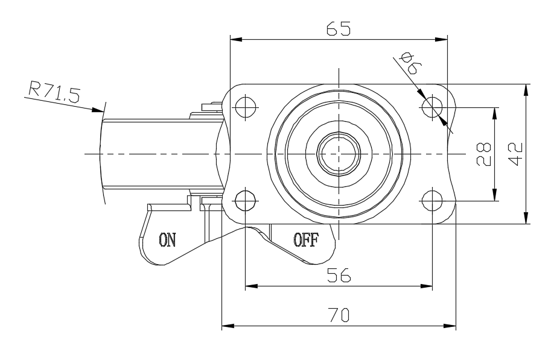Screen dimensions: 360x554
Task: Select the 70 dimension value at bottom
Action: click(x=339, y=315)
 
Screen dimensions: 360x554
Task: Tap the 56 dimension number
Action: click(x=339, y=275)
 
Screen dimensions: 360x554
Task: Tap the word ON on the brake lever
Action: click(x=167, y=239)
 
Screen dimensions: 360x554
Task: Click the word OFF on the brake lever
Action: click(x=305, y=239)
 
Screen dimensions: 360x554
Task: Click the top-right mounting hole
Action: click(x=432, y=107)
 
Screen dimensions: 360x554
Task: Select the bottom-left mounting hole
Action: click(x=245, y=199)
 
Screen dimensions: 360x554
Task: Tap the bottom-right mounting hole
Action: click(x=432, y=199)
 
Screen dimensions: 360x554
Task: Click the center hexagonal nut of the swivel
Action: click(x=339, y=153)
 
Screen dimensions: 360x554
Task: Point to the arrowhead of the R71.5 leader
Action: click(x=100, y=110)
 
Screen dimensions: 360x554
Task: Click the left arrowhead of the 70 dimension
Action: click(x=226, y=327)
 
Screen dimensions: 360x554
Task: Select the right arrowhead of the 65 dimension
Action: click(x=444, y=40)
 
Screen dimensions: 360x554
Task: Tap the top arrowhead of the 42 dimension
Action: click(x=527, y=88)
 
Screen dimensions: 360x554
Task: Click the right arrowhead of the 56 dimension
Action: click(x=428, y=286)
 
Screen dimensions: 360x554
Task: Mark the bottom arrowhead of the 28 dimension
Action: click(x=495, y=195)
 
